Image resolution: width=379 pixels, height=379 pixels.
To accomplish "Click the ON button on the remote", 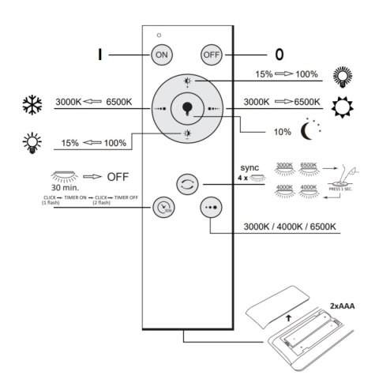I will coord(161,56).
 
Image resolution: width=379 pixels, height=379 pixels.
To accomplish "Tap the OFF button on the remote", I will coord(210,56).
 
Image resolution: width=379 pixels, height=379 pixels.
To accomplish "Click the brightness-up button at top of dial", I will coord(188,81).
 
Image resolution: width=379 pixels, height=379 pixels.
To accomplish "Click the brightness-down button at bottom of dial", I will coord(187,133).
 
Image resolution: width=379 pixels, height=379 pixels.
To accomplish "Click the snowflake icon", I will coord(32,105).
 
